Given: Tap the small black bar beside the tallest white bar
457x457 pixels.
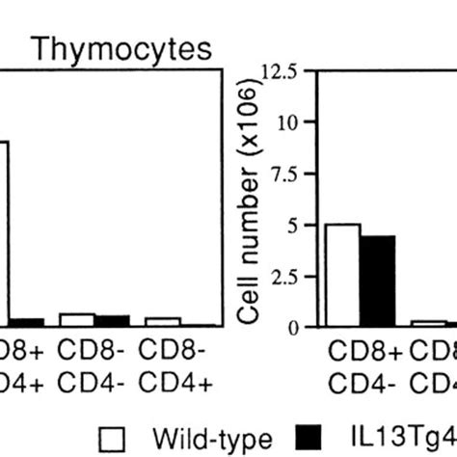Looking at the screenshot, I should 26,323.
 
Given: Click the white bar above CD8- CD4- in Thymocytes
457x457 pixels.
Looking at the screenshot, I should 76,320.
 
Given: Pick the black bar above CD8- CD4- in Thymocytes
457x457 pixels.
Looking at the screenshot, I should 111,321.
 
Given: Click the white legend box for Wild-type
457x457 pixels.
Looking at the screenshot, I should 114,439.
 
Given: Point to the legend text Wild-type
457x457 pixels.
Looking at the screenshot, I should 196,439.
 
